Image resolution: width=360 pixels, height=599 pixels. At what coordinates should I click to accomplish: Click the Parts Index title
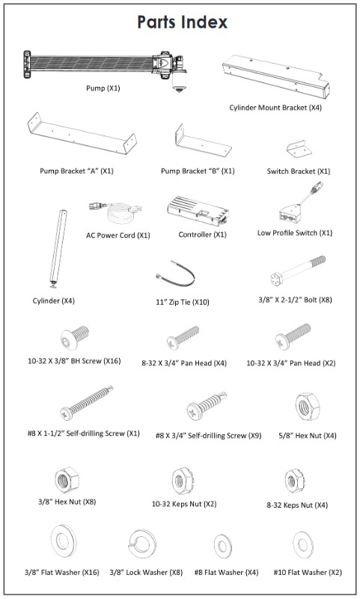tap(182, 22)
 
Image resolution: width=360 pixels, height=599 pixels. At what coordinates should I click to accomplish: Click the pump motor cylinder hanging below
tap(179, 82)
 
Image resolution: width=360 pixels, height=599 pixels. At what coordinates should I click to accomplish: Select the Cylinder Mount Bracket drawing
tap(276, 76)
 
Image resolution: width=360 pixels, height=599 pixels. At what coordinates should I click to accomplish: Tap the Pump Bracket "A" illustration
tap(82, 134)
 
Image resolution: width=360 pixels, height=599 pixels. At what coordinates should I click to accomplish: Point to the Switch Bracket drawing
tap(299, 148)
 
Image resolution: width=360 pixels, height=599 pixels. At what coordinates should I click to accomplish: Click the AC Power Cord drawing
tap(116, 213)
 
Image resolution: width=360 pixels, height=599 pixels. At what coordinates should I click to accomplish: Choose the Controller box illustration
tap(198, 212)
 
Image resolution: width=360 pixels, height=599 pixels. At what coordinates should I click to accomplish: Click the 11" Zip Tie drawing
tap(177, 273)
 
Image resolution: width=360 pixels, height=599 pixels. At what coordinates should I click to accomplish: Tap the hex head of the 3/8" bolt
tap(276, 279)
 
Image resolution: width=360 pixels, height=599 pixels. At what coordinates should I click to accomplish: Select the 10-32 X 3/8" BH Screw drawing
tap(75, 338)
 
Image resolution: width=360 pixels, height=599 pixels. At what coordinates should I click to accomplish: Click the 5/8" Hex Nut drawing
tap(308, 407)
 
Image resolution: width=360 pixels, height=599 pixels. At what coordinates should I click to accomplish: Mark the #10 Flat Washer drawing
tap(303, 544)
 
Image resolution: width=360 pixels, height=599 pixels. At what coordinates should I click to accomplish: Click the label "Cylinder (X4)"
tap(53, 301)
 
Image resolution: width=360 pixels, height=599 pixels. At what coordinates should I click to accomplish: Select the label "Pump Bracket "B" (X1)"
tap(198, 171)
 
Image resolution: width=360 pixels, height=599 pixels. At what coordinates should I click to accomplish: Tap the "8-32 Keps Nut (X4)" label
tap(297, 505)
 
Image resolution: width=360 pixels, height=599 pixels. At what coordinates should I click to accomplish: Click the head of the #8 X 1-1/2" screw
tap(67, 413)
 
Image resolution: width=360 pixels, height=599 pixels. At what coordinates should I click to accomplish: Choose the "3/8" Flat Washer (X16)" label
tap(62, 572)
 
